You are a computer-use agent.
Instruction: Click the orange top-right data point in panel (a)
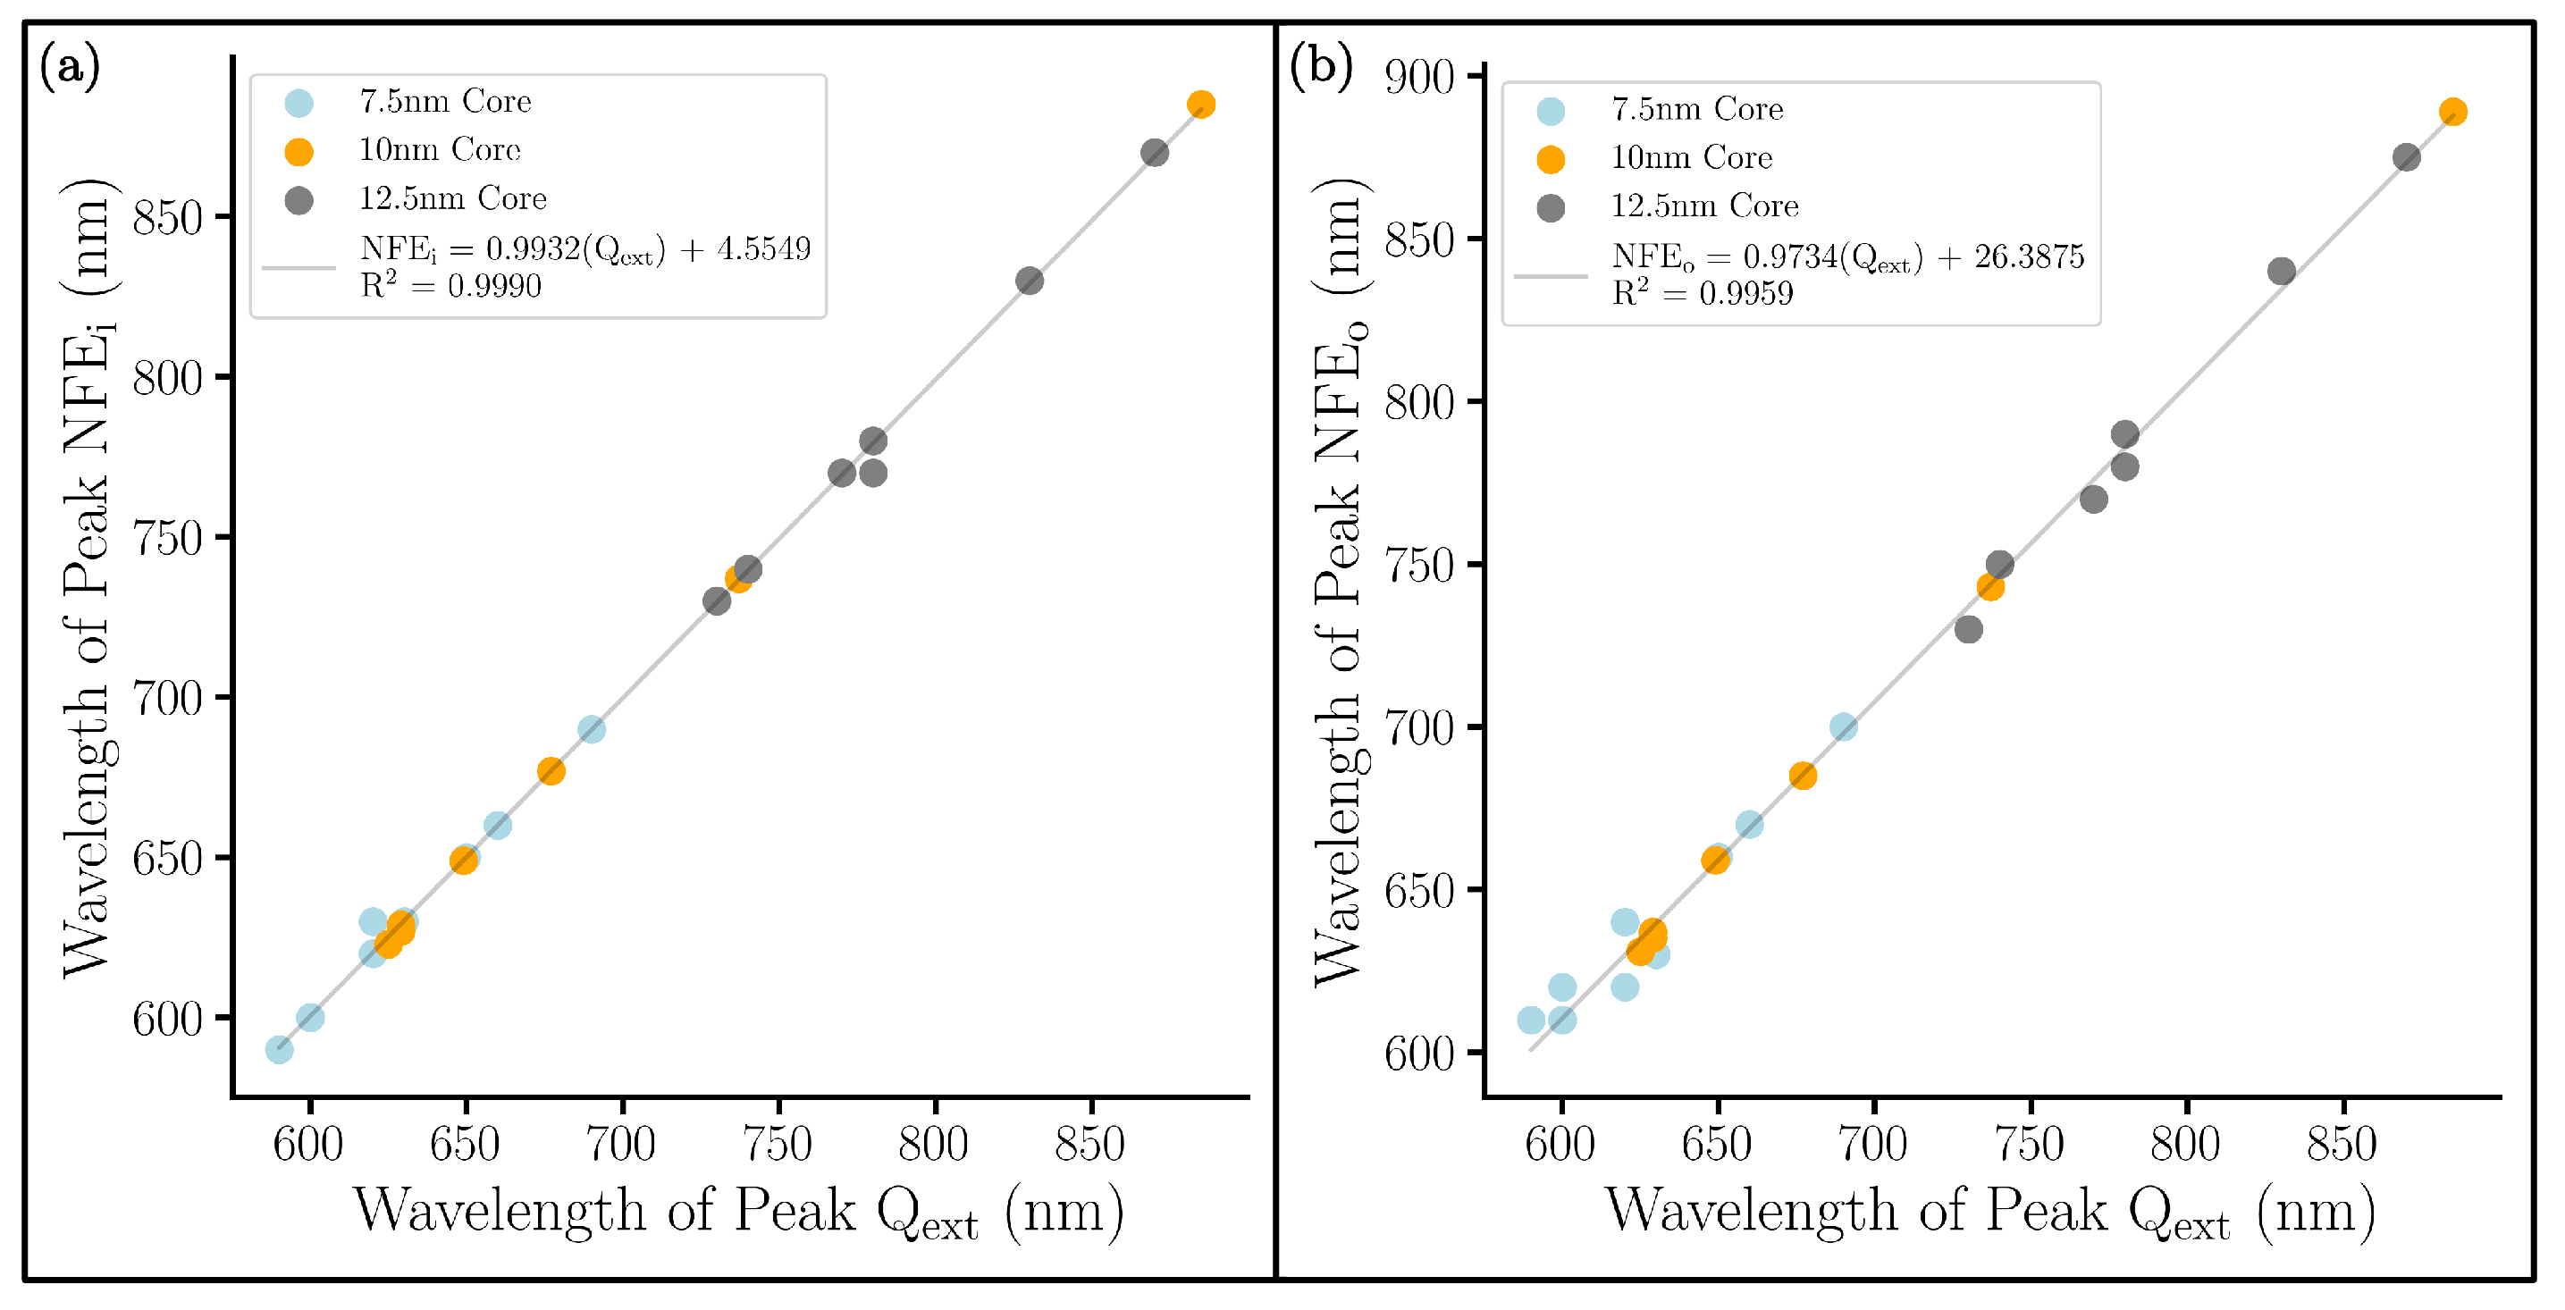point(1201,105)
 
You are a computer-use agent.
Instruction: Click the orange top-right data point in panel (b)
point(2452,112)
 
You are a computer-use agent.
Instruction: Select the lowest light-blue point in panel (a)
point(279,1049)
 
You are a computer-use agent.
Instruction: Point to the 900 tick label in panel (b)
point(1419,77)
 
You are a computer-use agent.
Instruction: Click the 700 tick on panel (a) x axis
point(621,1144)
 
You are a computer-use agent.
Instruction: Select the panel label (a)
point(70,67)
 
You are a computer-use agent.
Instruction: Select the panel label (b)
point(1320,67)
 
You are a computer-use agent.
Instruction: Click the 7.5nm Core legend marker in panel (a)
point(299,103)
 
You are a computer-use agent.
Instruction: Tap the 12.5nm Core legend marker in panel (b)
point(1551,207)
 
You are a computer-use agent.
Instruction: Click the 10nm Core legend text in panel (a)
point(439,150)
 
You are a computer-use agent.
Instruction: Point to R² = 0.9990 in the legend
point(450,286)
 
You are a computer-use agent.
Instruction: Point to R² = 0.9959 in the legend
point(1702,293)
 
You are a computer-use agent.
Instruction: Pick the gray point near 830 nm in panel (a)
point(1030,281)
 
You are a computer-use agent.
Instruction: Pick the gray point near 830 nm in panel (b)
point(2281,271)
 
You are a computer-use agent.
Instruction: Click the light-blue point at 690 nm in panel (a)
point(592,730)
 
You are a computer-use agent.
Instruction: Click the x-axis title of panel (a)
point(739,1212)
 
